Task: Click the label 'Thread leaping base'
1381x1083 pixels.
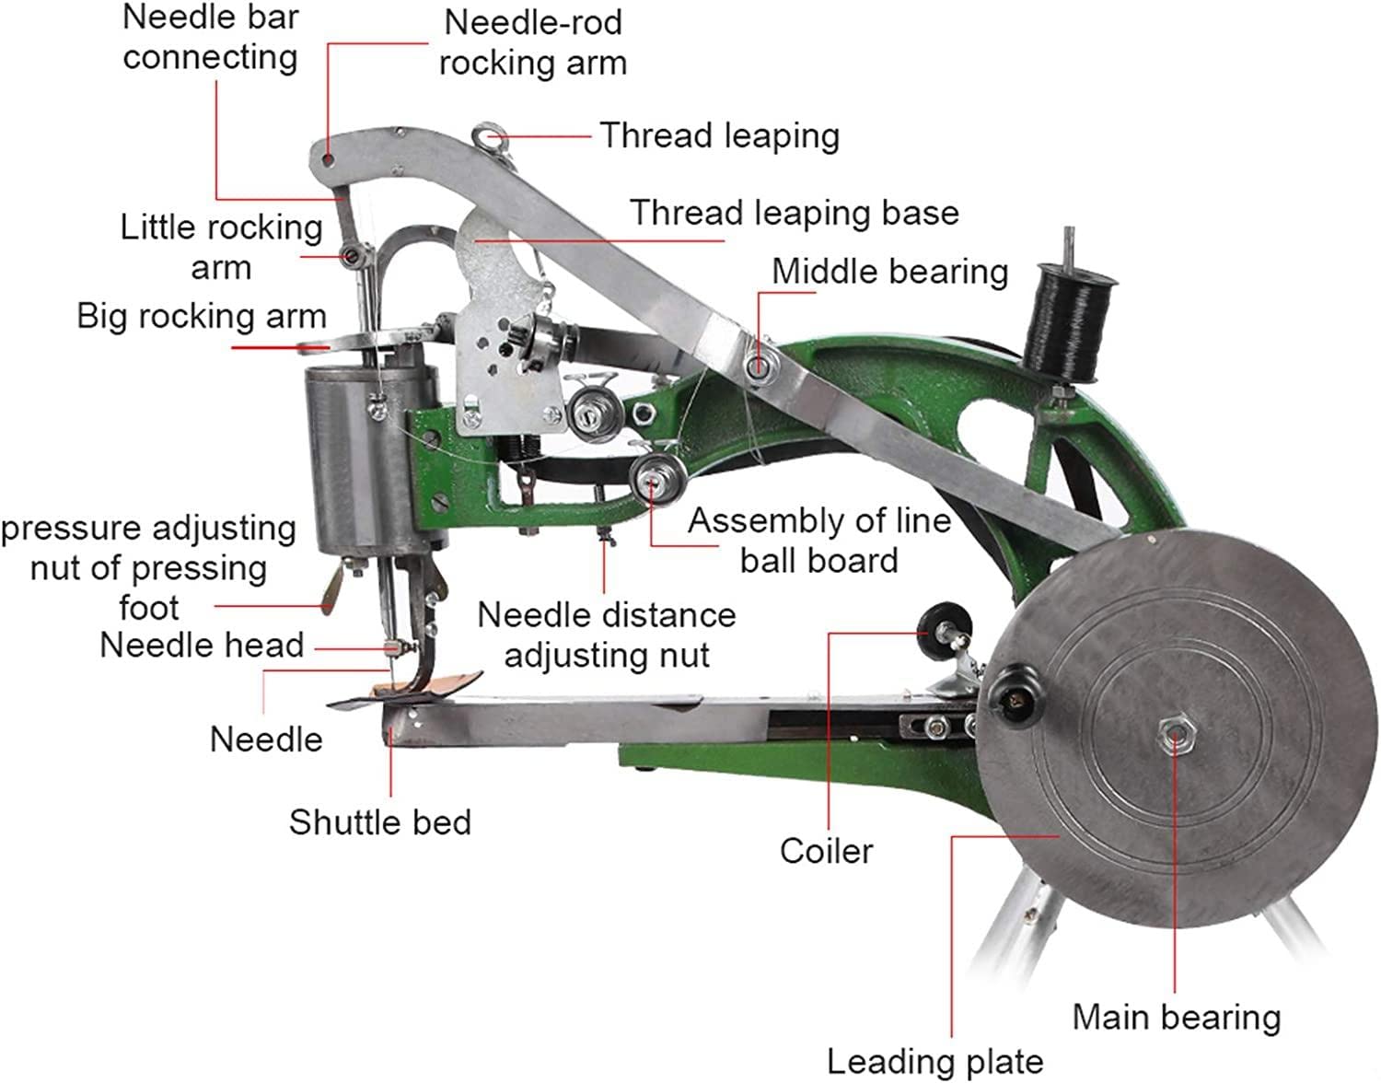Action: (x=794, y=213)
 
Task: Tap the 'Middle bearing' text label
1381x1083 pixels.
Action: (x=889, y=272)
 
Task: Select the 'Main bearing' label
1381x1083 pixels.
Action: (x=1177, y=1017)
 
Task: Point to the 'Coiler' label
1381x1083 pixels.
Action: (x=826, y=850)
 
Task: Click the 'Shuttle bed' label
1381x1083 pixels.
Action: (x=379, y=821)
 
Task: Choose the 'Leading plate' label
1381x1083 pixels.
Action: (x=934, y=1061)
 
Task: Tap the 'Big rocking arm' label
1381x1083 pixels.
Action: (x=202, y=316)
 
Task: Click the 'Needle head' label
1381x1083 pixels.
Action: (x=202, y=645)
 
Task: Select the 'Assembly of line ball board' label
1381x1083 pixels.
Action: (x=818, y=540)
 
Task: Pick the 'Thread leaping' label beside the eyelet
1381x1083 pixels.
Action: (x=719, y=135)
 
